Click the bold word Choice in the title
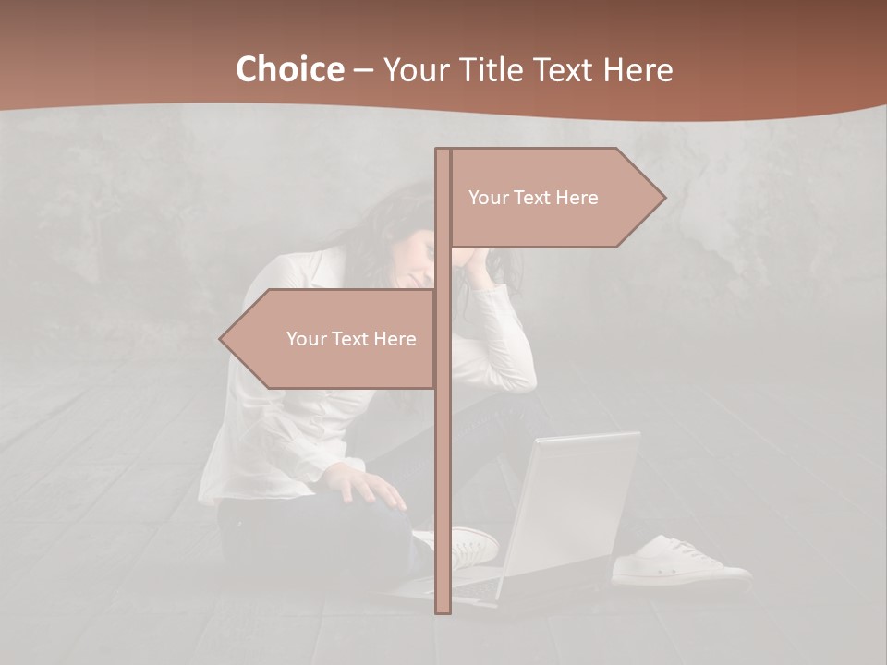pyautogui.click(x=289, y=70)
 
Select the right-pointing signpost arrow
pyautogui.click(x=554, y=198)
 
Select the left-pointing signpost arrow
pyautogui.click(x=333, y=339)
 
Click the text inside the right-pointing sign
pyautogui.click(x=533, y=198)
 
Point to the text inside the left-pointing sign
pyautogui.click(x=351, y=339)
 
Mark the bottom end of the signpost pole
pyautogui.click(x=443, y=610)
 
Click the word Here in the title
pyautogui.click(x=638, y=70)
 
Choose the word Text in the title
pyautogui.click(x=565, y=70)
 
